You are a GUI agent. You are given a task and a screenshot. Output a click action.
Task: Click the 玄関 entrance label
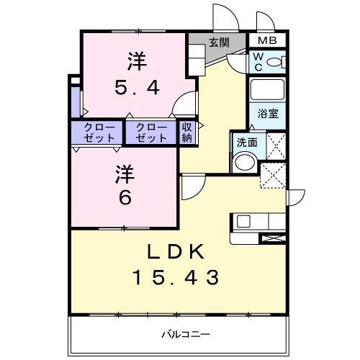pos(219,42)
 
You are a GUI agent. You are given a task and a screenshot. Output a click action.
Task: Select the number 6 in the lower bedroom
pos(125,197)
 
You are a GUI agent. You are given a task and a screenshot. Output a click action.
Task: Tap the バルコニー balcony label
pos(184,334)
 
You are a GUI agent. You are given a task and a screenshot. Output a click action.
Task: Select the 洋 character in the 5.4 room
pos(138,58)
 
